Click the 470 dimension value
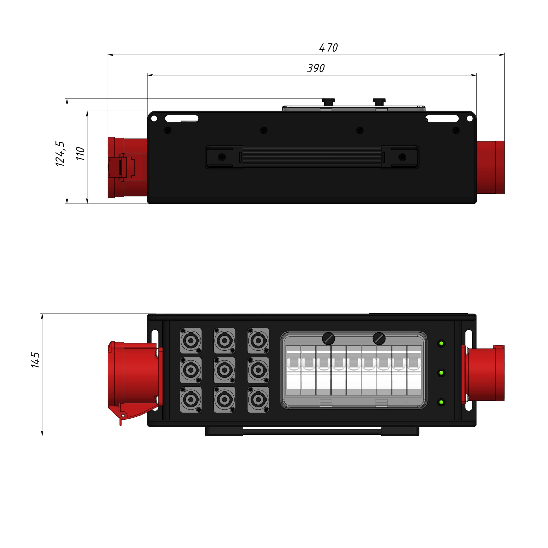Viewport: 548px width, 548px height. [x=329, y=48]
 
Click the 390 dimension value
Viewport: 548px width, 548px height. [x=316, y=68]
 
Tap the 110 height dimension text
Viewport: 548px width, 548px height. [x=81, y=154]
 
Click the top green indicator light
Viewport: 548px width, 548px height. [x=441, y=344]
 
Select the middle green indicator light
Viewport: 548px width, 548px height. [x=441, y=373]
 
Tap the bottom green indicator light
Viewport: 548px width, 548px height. [x=441, y=402]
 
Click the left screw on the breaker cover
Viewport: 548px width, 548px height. [x=329, y=339]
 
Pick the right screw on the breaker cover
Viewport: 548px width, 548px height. [x=379, y=339]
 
